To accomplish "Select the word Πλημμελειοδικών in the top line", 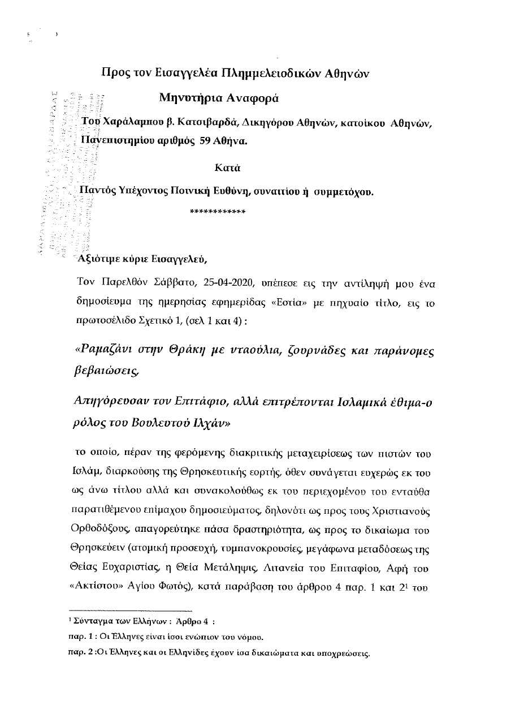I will click(x=267, y=73).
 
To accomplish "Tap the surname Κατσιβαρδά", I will click(x=189, y=122).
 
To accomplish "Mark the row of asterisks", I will click(x=218, y=212).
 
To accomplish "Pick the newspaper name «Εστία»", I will click(x=288, y=302).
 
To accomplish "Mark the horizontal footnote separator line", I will click(x=131, y=611).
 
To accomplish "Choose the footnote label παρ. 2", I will click(x=80, y=654).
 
